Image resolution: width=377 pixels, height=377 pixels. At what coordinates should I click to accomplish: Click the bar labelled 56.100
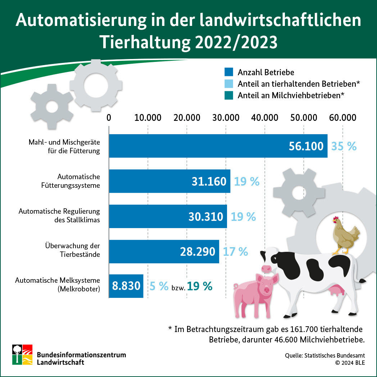point(218,146)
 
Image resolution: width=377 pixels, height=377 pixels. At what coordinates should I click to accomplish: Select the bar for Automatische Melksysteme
point(126,286)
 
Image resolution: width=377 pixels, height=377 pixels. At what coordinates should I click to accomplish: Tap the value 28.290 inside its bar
point(197,251)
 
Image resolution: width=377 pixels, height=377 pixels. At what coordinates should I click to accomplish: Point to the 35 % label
point(344,146)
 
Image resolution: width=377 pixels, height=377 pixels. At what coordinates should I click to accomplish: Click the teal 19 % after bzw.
point(200,286)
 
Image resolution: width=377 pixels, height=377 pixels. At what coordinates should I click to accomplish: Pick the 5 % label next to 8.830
point(159,286)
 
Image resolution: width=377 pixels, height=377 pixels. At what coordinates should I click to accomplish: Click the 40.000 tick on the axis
point(264,118)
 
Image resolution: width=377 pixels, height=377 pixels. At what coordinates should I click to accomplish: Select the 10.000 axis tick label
point(148,118)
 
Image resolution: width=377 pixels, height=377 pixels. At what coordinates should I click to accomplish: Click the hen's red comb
point(336,218)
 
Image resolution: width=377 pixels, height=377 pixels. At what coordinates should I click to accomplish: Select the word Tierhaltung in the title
point(144,42)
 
